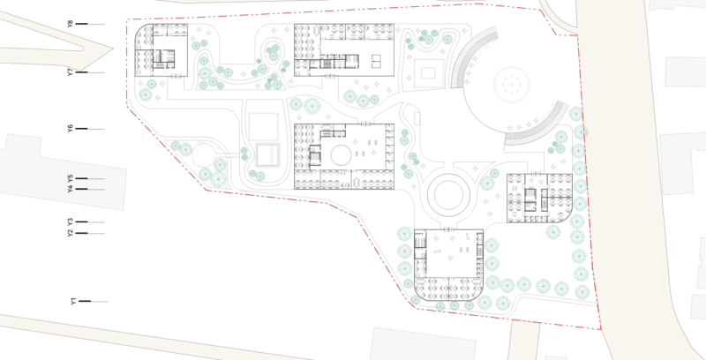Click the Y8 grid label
click(70, 24)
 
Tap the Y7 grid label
click(71, 72)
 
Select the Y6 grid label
click(71, 129)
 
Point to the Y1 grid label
click(73, 301)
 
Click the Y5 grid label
click(70, 178)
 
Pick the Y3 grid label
click(70, 221)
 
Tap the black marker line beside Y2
click(81, 233)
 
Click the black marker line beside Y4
click(81, 189)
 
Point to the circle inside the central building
click(341, 155)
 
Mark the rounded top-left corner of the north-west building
click(140, 30)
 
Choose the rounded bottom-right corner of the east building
click(567, 217)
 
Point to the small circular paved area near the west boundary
click(203, 154)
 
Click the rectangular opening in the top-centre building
click(377, 61)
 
